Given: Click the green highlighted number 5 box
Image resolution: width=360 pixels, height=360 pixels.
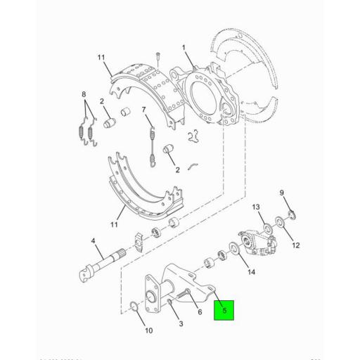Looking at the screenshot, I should click(224, 309).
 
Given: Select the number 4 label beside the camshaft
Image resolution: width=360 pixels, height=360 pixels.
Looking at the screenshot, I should click(92, 242).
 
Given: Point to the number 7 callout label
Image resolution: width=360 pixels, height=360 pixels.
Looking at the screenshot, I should click(143, 109).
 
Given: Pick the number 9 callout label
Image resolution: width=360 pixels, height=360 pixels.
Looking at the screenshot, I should click(282, 193).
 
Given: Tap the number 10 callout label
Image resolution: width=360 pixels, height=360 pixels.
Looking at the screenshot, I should click(148, 330).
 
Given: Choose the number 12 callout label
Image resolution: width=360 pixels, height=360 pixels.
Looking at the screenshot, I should click(296, 245).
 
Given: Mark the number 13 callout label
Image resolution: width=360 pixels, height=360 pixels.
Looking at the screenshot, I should click(256, 207).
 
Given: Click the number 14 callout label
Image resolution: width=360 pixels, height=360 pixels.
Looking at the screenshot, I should click(251, 271).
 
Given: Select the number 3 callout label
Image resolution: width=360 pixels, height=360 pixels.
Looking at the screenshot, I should click(181, 323).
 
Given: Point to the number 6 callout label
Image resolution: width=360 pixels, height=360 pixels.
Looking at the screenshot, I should click(200, 312).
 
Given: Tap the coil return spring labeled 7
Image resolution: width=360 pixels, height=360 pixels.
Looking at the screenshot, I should click(153, 146).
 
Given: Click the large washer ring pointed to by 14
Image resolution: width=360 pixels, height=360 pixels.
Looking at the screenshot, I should click(230, 250).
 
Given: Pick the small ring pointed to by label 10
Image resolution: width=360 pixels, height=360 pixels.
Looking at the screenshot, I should click(134, 305).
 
